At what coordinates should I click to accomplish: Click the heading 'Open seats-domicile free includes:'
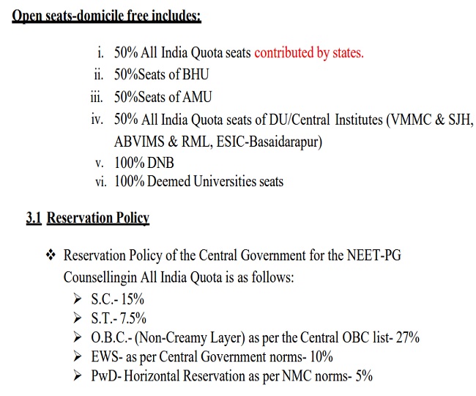tap(105, 15)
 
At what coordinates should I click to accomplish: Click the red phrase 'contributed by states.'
tap(308, 54)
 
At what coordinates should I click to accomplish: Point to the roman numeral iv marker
tap(97, 118)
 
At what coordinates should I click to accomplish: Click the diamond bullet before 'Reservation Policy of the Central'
tap(51, 256)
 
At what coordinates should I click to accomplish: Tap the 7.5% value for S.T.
tap(133, 318)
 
